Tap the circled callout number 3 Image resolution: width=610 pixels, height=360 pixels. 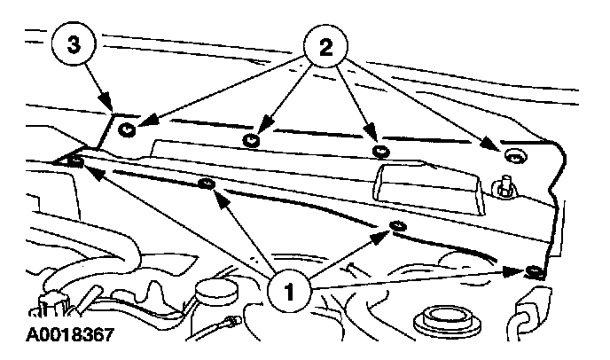74,46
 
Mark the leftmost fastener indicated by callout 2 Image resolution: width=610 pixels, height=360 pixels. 128,129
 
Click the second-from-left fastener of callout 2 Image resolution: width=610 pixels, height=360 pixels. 254,139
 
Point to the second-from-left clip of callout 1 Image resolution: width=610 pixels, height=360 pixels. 207,184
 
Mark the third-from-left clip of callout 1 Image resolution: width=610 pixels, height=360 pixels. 396,228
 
